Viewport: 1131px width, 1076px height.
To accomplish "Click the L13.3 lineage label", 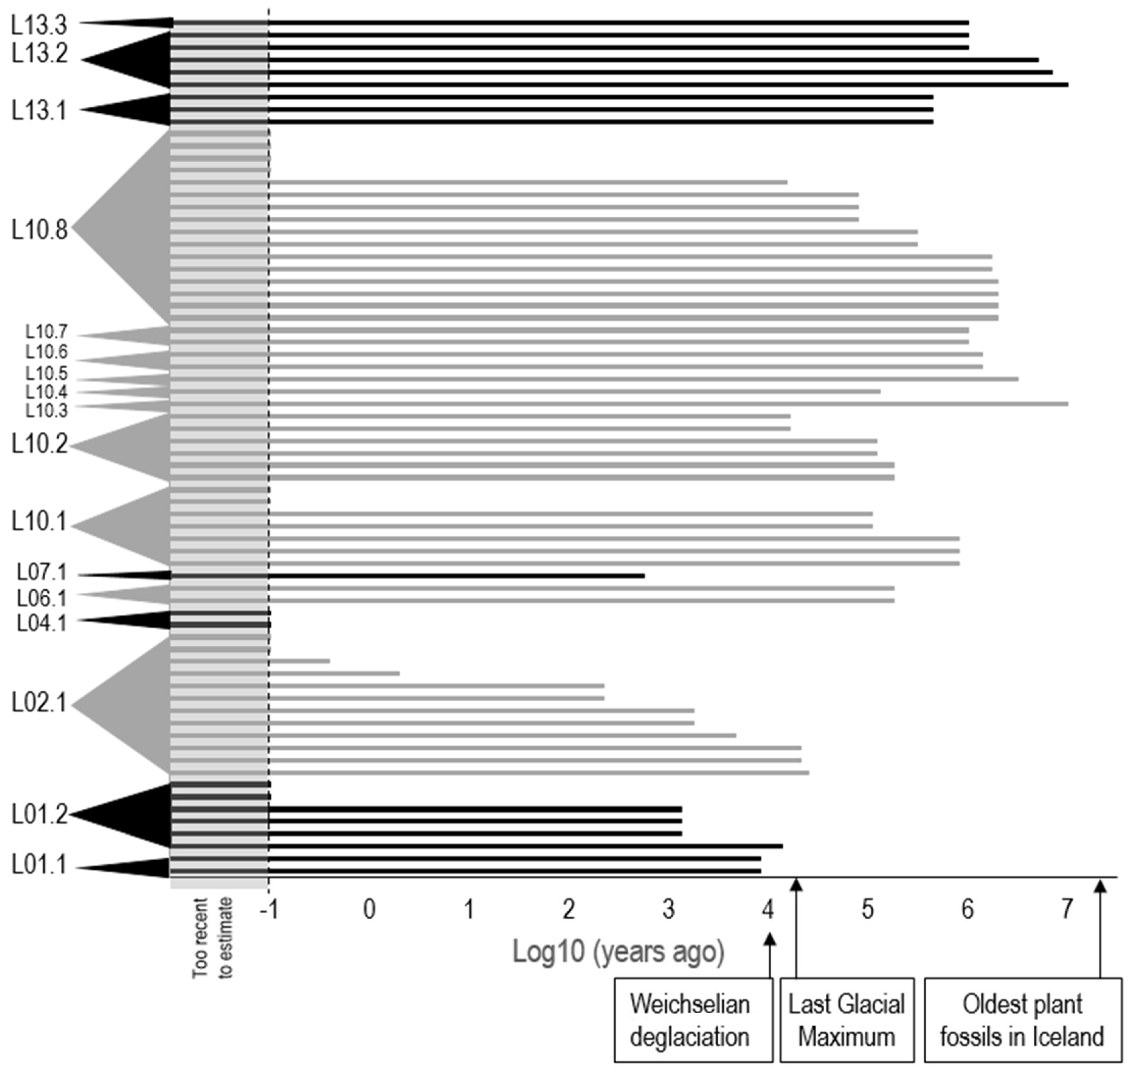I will (39, 25).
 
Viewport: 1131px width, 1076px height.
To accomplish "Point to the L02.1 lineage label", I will (39, 703).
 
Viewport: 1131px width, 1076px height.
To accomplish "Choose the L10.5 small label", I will (46, 373).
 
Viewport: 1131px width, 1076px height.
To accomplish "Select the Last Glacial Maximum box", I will (846, 1020).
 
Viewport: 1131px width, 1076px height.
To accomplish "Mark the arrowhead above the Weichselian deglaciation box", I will (770, 939).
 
